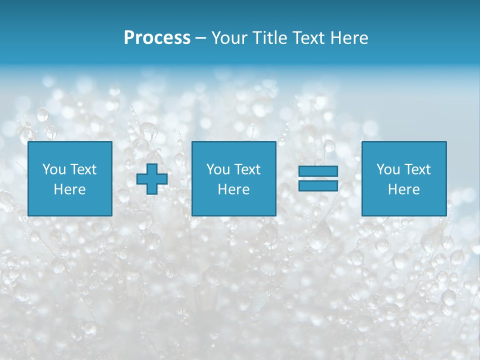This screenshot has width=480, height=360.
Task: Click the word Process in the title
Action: (157, 38)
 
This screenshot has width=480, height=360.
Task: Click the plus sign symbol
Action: (152, 179)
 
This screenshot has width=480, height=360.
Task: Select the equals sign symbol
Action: (318, 178)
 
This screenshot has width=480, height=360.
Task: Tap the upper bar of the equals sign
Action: (318, 171)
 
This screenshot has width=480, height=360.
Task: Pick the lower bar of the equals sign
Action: (318, 185)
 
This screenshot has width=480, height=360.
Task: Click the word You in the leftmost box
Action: (54, 169)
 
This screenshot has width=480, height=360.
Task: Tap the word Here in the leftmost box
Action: (70, 189)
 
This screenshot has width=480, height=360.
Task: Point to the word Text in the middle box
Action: (247, 169)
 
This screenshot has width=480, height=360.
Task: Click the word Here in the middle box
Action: (234, 189)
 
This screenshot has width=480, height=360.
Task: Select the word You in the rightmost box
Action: (388, 169)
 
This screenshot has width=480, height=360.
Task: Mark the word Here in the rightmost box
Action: (404, 189)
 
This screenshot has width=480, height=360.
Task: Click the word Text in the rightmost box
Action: (417, 169)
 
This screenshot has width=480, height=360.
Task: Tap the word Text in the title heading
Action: (309, 38)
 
